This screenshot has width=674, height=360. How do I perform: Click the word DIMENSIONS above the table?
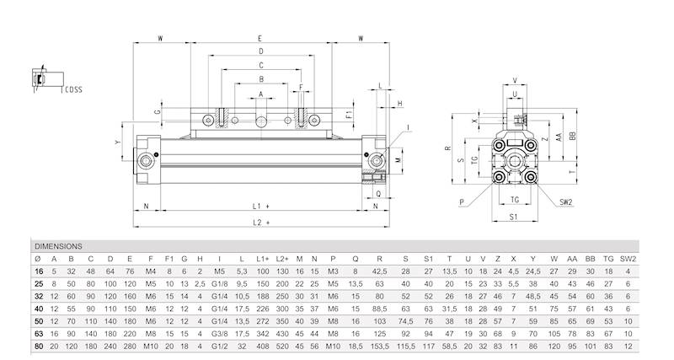(58, 245)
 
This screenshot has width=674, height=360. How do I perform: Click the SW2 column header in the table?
(625, 258)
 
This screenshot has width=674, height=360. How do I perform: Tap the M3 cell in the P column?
(334, 271)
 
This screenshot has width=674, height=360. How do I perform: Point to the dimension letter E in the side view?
(259, 39)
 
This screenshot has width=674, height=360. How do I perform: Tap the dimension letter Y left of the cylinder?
(118, 144)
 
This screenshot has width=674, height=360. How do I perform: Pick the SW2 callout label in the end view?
(566, 202)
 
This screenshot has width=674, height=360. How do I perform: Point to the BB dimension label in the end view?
(573, 135)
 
